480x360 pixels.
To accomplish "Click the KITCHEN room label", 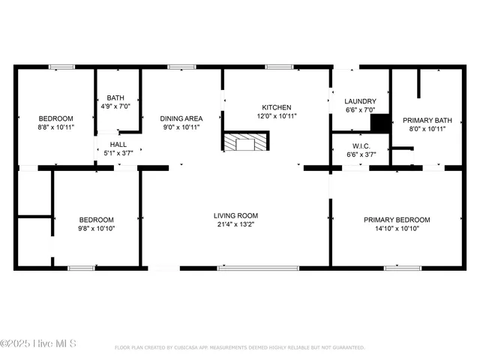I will (x=276, y=107).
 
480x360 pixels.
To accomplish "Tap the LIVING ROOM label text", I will (x=236, y=215).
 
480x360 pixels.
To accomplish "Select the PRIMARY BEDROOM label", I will (x=397, y=220).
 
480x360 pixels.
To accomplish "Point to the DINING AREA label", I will (x=181, y=118).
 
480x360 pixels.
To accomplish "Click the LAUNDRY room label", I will (x=360, y=102).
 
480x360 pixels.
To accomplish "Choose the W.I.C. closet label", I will (x=360, y=145).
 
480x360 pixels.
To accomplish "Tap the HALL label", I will (x=118, y=145).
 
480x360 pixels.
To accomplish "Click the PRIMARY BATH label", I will (x=427, y=120).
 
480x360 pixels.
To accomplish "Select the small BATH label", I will (x=115, y=97).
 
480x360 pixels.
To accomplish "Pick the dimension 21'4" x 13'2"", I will (x=236, y=224).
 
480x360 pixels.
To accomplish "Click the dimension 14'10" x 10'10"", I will (x=397, y=229).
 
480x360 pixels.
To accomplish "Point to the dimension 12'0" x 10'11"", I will (x=276, y=116).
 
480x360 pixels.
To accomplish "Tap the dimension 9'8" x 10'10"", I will (x=97, y=229).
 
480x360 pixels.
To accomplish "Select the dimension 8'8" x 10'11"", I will (x=56, y=127).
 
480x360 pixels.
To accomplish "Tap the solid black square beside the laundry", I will (x=381, y=123).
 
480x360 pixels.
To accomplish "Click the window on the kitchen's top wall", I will (x=278, y=67).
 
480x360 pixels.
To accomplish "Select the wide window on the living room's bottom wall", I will (x=257, y=267).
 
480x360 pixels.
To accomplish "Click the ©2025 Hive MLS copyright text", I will (x=39, y=345).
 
